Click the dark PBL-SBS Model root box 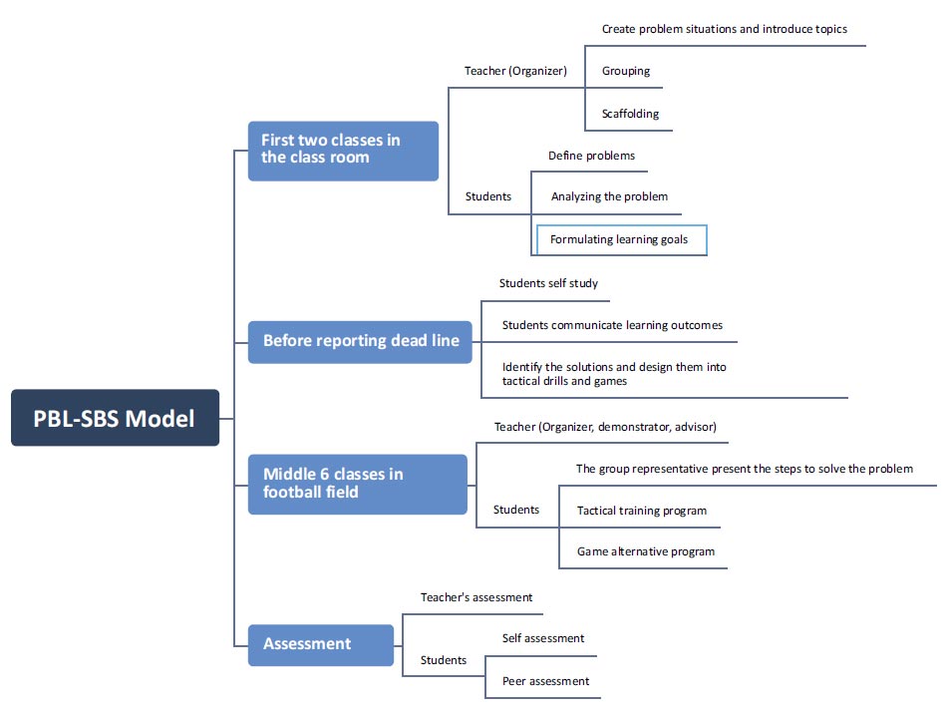tap(115, 418)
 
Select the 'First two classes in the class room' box tap(343, 152)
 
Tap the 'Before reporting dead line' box tap(360, 342)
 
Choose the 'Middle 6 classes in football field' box tap(358, 484)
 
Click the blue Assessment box tap(321, 645)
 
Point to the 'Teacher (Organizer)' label tap(515, 71)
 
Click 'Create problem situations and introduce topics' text tap(724, 29)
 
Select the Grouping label tap(626, 71)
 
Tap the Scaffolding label tap(630, 114)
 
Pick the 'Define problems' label tap(591, 156)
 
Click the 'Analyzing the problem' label tap(609, 196)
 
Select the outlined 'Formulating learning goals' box tap(621, 240)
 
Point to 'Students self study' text tap(548, 283)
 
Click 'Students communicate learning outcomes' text tap(612, 325)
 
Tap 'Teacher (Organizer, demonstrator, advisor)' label tap(605, 427)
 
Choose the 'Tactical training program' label tap(641, 511)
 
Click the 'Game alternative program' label tap(646, 551)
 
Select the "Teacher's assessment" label tap(476, 597)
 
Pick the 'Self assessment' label tap(543, 638)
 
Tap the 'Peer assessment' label tap(545, 681)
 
